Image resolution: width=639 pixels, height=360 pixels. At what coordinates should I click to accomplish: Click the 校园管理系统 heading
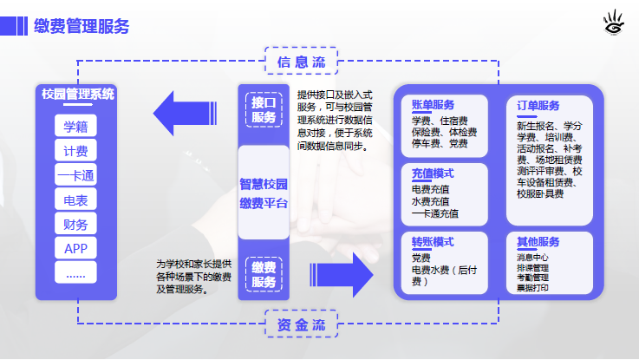click(77, 94)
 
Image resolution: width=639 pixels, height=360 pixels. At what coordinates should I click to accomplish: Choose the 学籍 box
click(75, 126)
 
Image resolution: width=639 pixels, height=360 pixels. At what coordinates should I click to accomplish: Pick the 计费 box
click(75, 151)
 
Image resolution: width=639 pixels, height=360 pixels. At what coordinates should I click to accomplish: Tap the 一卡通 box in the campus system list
click(75, 176)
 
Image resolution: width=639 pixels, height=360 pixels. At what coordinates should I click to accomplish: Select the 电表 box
click(75, 200)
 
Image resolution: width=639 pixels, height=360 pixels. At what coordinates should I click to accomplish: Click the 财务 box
click(75, 225)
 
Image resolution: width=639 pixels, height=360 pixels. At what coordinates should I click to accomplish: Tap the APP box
click(75, 249)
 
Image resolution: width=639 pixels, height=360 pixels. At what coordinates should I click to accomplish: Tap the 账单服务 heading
click(433, 105)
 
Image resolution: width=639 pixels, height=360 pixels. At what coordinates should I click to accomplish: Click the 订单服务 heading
click(538, 106)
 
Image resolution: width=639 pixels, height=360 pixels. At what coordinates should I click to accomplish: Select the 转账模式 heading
click(433, 242)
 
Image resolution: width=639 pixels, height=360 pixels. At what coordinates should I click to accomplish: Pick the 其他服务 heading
click(538, 242)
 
